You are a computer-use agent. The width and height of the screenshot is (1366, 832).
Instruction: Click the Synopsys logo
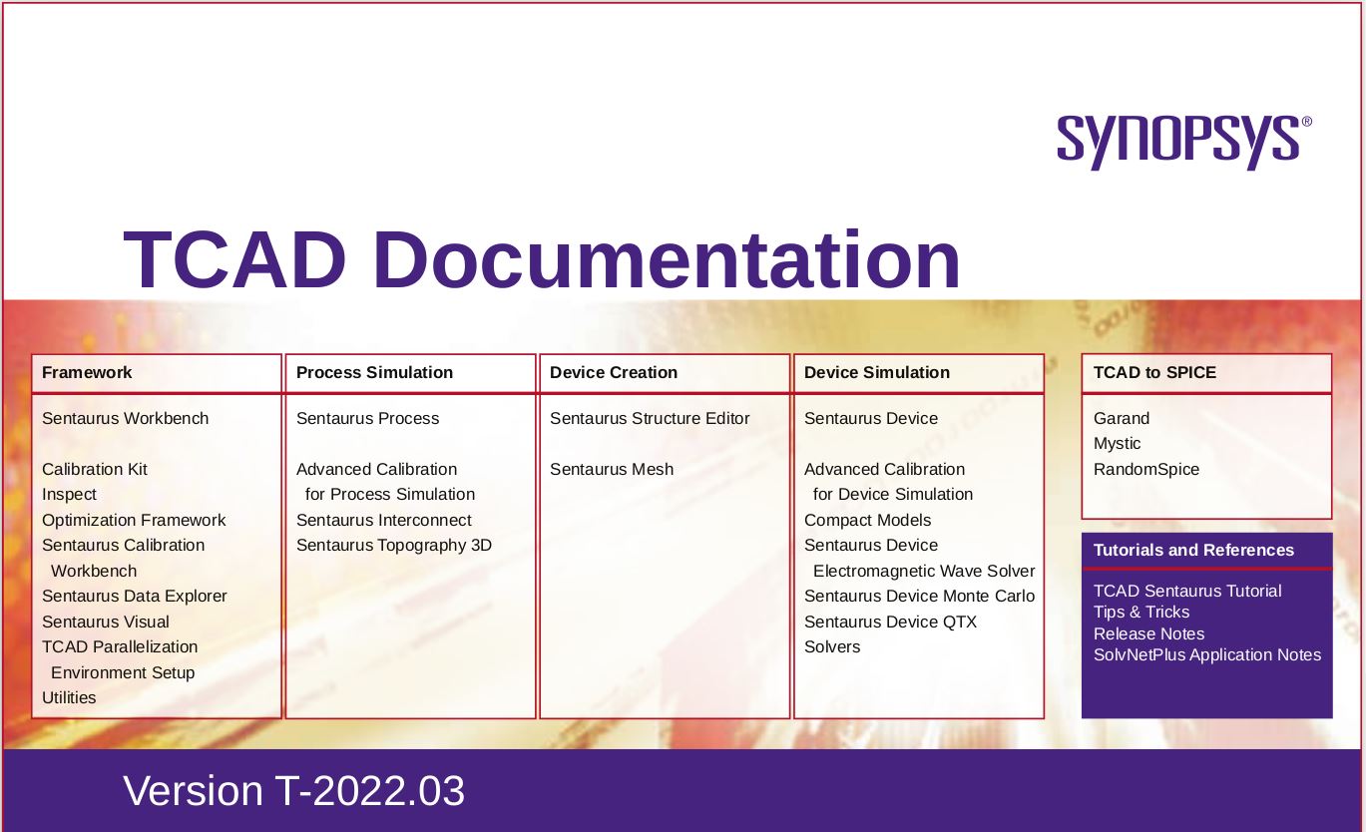coord(1184,143)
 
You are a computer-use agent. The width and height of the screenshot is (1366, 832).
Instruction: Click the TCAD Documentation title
coord(542,259)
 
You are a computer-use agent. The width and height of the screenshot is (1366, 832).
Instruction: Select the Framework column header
coord(87,372)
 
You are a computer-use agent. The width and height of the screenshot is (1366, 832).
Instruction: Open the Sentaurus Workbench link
coord(125,418)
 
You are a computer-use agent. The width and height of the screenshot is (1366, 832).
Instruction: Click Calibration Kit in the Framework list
coord(95,469)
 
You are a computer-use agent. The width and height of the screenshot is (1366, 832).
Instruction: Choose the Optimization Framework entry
coord(134,520)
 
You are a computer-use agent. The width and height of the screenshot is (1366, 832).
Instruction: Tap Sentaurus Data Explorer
coord(134,597)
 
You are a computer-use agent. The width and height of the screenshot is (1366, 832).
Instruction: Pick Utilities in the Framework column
coord(69,697)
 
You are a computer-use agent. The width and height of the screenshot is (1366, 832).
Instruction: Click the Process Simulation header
coord(374,372)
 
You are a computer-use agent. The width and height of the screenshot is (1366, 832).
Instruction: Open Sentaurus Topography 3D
coord(394,546)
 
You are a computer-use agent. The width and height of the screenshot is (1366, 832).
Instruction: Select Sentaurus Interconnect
coord(383,520)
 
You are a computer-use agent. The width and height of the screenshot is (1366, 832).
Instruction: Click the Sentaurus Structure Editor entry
coord(650,418)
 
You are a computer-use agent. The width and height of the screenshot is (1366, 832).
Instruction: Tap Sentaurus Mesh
coord(612,469)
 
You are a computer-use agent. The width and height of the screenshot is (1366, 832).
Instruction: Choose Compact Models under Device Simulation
coord(867,520)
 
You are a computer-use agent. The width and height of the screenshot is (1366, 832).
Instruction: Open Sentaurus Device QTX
coord(890,622)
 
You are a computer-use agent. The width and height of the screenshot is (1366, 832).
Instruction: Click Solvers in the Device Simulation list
coord(832,646)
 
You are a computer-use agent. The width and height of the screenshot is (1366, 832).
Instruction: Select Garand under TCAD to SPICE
coord(1121,418)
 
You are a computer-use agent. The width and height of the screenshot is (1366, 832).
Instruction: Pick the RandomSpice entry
coord(1145,469)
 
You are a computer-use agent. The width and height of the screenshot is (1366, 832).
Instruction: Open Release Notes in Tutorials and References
coord(1148,633)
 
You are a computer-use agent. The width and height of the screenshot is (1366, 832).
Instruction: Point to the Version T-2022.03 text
coord(294,790)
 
